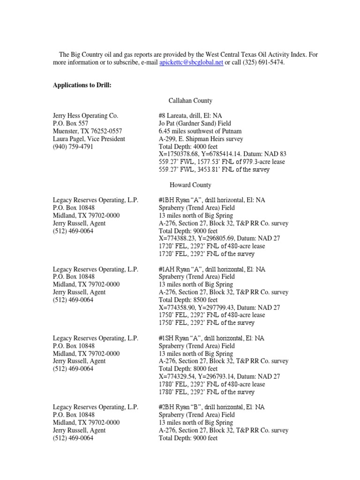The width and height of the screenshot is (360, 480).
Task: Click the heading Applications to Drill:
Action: pos(82,85)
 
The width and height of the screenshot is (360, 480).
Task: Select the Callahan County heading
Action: pos(190,100)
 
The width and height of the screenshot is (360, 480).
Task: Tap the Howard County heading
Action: pos(190,185)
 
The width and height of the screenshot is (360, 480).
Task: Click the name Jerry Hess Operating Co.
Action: pos(86,115)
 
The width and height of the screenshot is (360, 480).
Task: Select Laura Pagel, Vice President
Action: pos(89,139)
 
